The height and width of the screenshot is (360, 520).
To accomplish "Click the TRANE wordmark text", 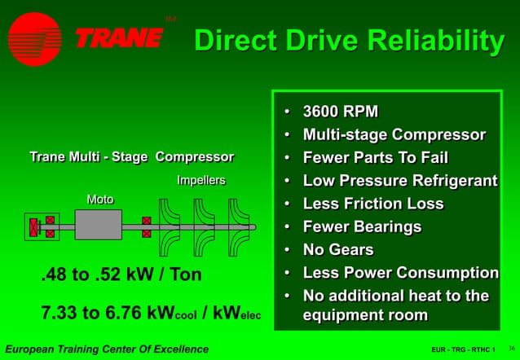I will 119,37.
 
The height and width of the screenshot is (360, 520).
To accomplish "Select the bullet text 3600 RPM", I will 340,112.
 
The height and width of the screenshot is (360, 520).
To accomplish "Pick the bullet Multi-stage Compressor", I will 394,134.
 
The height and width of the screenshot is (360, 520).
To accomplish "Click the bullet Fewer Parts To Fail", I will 375,157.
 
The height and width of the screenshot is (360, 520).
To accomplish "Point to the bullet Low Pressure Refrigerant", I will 399,181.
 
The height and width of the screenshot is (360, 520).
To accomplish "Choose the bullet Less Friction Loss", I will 372,204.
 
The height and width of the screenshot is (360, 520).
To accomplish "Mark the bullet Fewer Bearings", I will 362,226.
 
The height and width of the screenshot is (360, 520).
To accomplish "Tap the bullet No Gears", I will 337,249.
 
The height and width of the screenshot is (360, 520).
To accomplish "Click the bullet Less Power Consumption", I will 400,273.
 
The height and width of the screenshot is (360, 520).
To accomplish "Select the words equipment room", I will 364,314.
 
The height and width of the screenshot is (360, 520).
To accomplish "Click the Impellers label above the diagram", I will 201,180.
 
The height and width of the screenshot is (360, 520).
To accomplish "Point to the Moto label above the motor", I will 99,200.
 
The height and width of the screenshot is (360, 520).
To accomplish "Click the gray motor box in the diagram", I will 99,225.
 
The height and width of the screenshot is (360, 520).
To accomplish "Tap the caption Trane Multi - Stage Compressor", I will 131,156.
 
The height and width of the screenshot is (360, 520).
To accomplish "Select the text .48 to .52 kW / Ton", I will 121,275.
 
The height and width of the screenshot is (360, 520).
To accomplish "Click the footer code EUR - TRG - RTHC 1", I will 464,350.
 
